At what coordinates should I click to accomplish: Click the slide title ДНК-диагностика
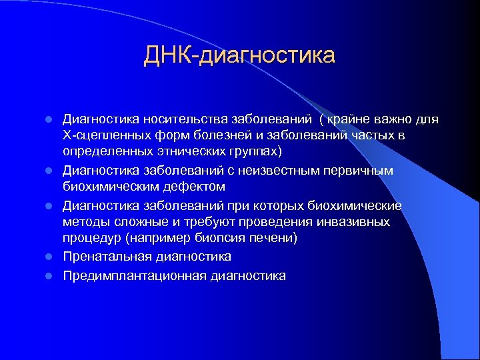239,55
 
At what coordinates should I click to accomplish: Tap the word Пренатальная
107,257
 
